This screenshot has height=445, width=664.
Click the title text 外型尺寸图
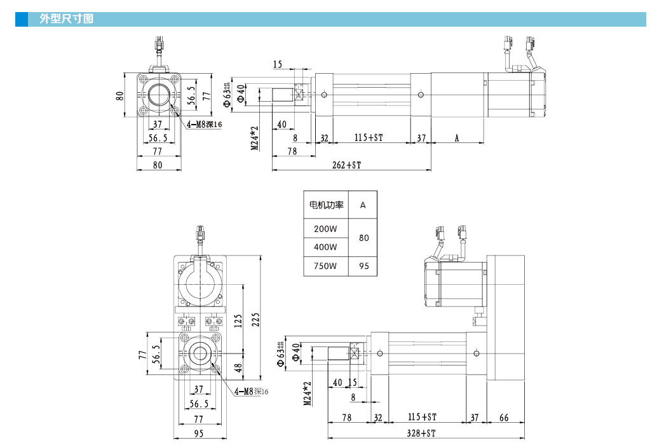66,19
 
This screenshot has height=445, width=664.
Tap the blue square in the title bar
22,19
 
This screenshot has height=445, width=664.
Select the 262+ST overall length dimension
346,165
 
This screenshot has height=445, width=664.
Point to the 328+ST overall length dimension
421,433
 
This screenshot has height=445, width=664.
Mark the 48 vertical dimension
237,367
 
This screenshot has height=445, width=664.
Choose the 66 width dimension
504,417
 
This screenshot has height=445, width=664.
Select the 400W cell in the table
325,247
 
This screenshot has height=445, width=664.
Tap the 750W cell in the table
325,266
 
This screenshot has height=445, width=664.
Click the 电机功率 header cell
326,205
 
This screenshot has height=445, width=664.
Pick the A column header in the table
363,205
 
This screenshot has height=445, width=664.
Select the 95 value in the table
363,266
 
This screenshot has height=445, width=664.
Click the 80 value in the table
363,238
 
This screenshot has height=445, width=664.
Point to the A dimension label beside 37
457,137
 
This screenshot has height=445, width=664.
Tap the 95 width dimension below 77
198,433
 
